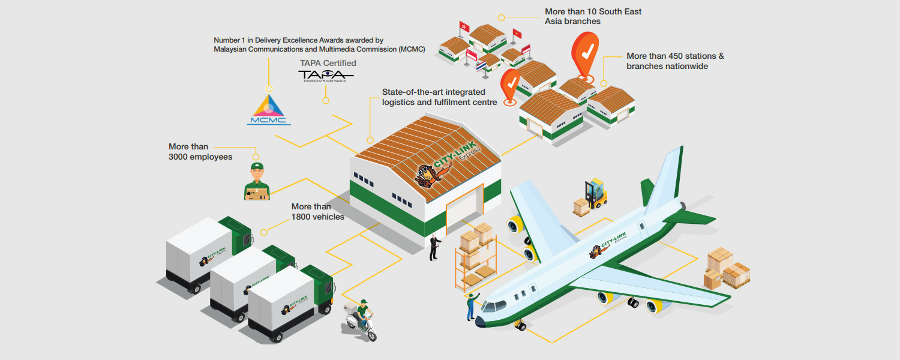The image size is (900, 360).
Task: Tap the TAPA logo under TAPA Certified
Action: [326, 75]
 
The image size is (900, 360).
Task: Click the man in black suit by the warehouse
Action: [434, 247]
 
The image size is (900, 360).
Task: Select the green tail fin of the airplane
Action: [647, 193]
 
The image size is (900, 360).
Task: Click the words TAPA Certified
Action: [328, 63]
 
